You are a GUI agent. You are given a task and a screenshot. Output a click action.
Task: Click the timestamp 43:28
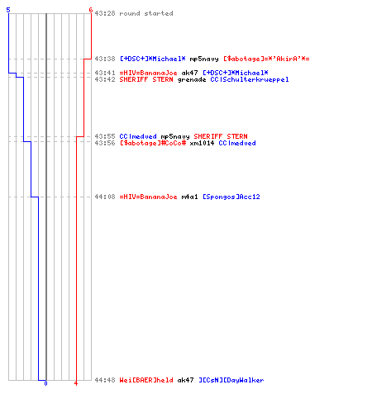(x=105, y=13)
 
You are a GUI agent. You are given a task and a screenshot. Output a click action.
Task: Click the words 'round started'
(x=146, y=13)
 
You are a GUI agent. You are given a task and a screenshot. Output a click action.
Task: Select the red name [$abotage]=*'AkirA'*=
(x=266, y=59)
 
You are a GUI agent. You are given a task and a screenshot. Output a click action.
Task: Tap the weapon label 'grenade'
(x=192, y=80)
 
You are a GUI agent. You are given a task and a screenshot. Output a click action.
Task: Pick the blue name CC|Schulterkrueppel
(x=250, y=79)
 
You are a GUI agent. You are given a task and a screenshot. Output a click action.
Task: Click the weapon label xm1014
(x=202, y=143)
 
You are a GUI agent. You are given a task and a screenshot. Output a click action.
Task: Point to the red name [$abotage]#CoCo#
(x=153, y=143)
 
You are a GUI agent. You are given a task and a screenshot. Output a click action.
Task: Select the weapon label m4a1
(x=189, y=197)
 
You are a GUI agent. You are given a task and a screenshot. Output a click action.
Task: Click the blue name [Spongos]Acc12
(x=231, y=197)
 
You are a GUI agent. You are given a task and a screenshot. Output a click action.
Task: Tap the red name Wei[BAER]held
(x=146, y=380)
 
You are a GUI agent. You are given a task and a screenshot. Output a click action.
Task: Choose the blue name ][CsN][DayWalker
(x=231, y=380)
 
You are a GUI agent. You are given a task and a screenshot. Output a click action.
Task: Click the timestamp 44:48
(x=105, y=380)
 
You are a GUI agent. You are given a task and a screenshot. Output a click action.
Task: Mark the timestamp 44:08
(x=105, y=197)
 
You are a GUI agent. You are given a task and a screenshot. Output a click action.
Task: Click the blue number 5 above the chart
(x=8, y=10)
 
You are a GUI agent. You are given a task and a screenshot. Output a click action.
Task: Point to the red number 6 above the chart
(x=90, y=10)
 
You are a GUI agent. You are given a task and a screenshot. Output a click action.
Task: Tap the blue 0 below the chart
(x=45, y=383)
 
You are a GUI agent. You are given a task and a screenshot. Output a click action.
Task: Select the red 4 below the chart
(x=76, y=383)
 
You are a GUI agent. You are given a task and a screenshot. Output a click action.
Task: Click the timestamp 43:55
(x=105, y=136)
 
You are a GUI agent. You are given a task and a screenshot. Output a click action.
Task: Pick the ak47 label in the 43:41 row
(x=189, y=73)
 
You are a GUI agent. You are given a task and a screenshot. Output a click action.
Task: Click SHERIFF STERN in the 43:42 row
(x=146, y=79)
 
